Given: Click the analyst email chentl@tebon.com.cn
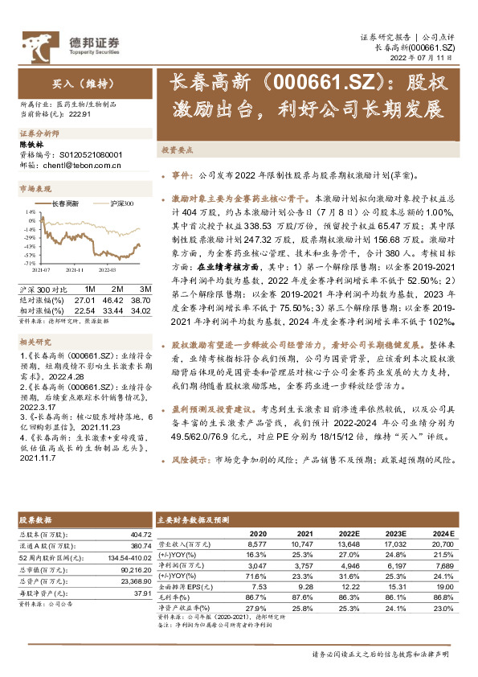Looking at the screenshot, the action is (80, 166).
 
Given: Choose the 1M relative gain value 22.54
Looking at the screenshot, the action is (86, 309).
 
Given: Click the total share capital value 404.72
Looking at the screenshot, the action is (139, 534).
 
